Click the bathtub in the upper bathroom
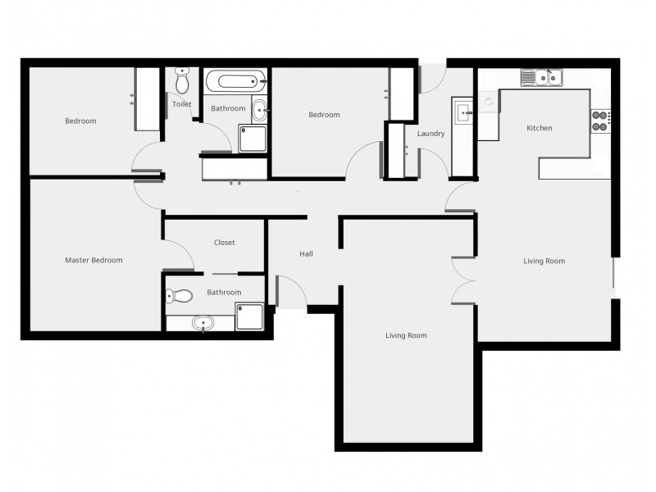(235, 81)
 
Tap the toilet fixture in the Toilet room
(182, 80)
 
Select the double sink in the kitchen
(541, 78)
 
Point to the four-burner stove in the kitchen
(600, 121)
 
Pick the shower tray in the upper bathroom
(253, 139)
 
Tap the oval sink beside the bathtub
(259, 109)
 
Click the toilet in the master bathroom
(180, 297)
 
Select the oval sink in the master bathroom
(203, 323)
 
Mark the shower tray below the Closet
(249, 317)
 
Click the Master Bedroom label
(93, 261)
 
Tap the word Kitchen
(539, 128)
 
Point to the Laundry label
(430, 134)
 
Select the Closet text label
(224, 243)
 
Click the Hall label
(306, 254)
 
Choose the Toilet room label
(181, 104)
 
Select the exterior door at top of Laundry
(431, 78)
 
